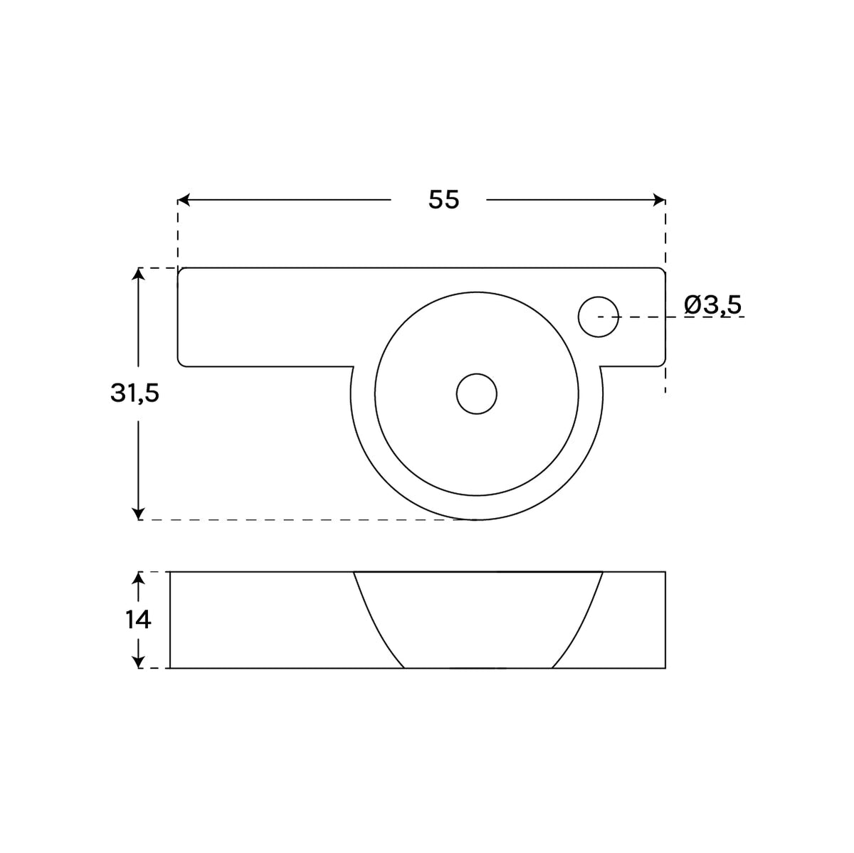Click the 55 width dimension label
(443, 199)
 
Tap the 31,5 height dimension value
(135, 393)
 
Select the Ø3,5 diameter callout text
(713, 305)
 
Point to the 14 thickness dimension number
(138, 620)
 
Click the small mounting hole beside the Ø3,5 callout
(599, 317)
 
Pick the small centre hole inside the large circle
(476, 393)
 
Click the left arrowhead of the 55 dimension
(184, 200)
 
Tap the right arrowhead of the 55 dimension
(659, 200)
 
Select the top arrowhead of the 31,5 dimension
(139, 274)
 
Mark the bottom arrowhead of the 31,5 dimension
(139, 514)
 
